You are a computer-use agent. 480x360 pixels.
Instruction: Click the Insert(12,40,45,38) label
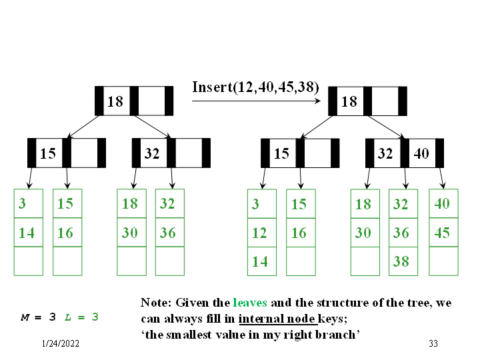coord(255,87)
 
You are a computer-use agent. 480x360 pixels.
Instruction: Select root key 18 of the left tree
coord(115,101)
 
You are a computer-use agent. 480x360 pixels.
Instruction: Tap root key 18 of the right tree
coord(349,101)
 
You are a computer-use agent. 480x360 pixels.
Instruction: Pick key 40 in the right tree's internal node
coord(421,153)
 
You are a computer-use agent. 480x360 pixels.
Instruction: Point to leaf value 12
coord(259,233)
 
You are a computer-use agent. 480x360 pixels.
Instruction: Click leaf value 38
coord(401,261)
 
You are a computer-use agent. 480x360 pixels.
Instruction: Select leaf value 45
coord(442,233)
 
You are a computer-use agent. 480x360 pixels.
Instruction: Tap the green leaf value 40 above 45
coord(442,203)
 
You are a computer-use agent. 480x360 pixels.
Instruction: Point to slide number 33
coord(433,343)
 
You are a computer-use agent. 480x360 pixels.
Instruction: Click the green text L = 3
coord(81,317)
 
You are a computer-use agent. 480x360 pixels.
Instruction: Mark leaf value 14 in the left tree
coord(27,233)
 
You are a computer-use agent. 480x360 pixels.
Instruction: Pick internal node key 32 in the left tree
coord(152,153)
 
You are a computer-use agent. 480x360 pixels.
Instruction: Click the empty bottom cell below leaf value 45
coord(442,261)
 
